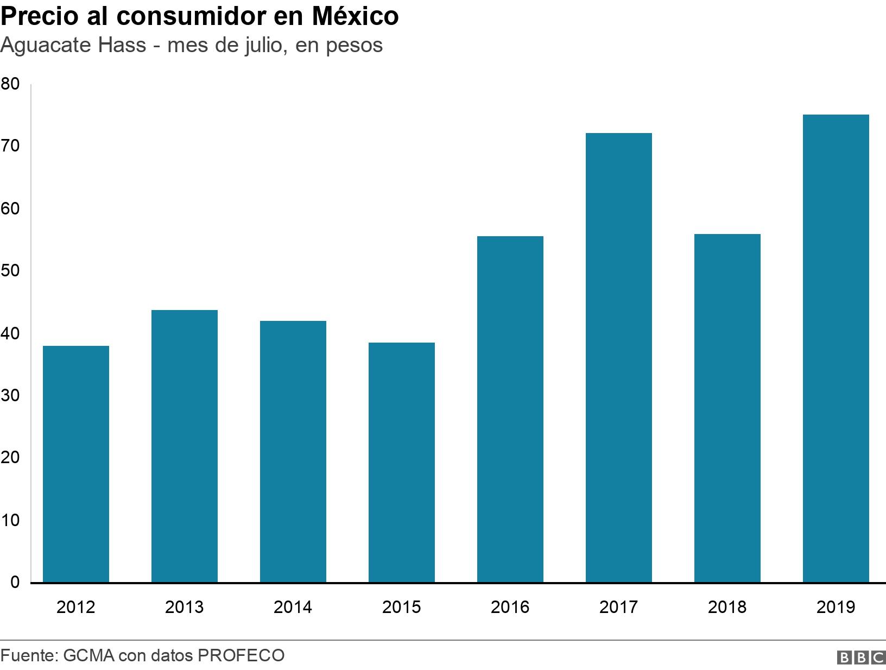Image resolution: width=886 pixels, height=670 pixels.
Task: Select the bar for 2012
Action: (75, 464)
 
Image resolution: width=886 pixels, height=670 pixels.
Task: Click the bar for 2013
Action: (184, 446)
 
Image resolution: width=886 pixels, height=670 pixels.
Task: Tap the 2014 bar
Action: (293, 452)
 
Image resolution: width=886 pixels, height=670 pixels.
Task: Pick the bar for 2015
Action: (401, 463)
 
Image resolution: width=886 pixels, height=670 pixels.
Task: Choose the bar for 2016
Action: (510, 409)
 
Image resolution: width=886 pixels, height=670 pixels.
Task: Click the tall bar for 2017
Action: (618, 358)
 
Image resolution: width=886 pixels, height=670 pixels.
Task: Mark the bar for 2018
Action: (727, 408)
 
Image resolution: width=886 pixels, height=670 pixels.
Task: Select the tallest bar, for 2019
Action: (836, 349)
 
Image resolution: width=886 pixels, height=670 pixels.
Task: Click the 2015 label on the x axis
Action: (401, 607)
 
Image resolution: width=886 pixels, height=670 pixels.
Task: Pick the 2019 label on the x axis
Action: (836, 607)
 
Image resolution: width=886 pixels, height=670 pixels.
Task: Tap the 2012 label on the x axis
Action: (75, 607)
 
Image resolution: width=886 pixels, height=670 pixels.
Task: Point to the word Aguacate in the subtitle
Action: (46, 46)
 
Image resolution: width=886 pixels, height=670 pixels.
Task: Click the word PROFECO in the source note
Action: (241, 655)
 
